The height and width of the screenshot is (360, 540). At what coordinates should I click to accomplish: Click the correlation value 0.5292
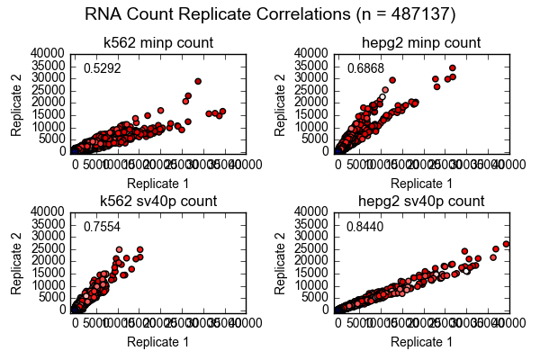click(x=102, y=68)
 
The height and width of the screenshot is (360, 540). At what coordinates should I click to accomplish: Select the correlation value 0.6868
click(x=364, y=68)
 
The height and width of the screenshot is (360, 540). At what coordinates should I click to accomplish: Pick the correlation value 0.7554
click(x=102, y=227)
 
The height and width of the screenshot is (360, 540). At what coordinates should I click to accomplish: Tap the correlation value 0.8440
click(x=364, y=227)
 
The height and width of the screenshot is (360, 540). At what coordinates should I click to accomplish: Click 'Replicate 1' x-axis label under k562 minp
click(x=157, y=183)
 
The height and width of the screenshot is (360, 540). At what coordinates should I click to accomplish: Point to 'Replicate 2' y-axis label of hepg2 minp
click(x=281, y=102)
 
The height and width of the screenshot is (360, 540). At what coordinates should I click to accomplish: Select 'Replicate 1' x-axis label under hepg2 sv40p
click(x=421, y=341)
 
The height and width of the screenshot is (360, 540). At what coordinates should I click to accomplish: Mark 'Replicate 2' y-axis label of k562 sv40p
click(x=17, y=260)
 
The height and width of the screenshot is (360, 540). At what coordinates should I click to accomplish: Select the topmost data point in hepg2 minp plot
click(x=452, y=67)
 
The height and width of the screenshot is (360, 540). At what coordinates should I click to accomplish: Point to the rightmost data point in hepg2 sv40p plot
click(x=506, y=244)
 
